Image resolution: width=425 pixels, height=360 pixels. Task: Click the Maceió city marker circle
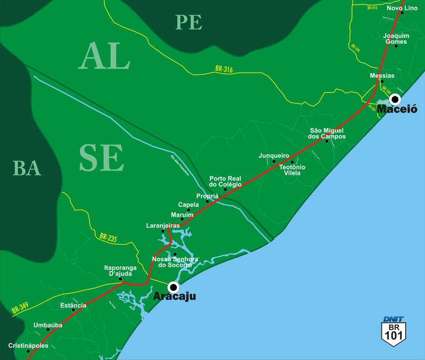tap(395, 99)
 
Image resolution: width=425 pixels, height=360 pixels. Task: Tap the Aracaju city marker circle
tap(174, 287)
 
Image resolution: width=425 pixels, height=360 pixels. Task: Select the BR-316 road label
tap(224, 69)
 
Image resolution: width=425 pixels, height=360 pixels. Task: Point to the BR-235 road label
tap(108, 237)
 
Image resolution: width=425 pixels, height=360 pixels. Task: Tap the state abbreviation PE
tap(189, 22)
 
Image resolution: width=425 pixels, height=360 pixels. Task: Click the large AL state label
tap(105, 56)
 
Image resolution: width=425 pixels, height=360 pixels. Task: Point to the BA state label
tap(27, 168)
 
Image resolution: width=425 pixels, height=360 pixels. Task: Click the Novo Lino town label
tap(402, 8)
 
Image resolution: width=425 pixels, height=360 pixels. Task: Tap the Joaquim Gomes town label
tap(396, 38)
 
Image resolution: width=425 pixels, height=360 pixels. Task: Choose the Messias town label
tap(382, 75)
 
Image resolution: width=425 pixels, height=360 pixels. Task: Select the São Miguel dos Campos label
tap(326, 133)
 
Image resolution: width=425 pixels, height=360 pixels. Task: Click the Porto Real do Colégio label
tap(225, 181)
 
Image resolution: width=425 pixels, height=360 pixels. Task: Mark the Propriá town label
tap(208, 196)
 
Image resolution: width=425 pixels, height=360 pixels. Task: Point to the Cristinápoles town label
tap(28, 346)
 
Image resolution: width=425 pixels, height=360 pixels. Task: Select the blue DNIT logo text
tap(393, 319)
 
